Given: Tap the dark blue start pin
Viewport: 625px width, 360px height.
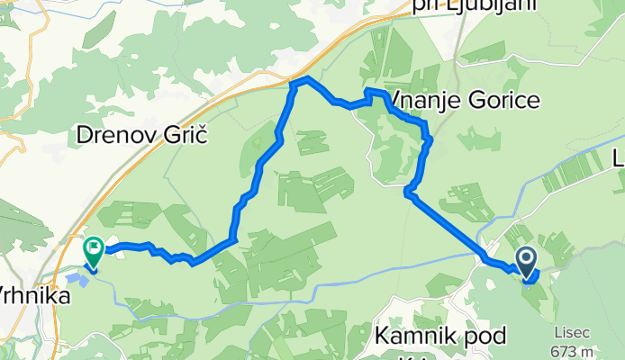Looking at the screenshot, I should (x=526, y=262).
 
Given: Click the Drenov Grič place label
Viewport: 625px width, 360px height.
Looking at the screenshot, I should (x=142, y=137).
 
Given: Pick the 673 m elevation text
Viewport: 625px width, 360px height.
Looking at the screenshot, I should (x=575, y=351).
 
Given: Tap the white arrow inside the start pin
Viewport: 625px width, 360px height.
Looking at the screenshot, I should (x=526, y=259).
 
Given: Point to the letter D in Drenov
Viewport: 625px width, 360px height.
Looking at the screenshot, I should (x=84, y=137).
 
